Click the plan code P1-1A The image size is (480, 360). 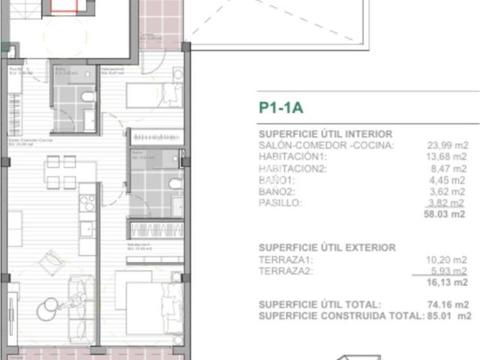[280, 108]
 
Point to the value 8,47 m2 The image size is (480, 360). [451, 169]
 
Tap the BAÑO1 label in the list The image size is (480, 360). [277, 180]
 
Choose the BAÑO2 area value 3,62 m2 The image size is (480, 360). [451, 191]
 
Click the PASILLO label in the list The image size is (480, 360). [280, 203]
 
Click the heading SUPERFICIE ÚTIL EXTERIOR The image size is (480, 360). [327, 247]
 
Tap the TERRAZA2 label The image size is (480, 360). [285, 271]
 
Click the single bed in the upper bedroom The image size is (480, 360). [153, 94]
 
